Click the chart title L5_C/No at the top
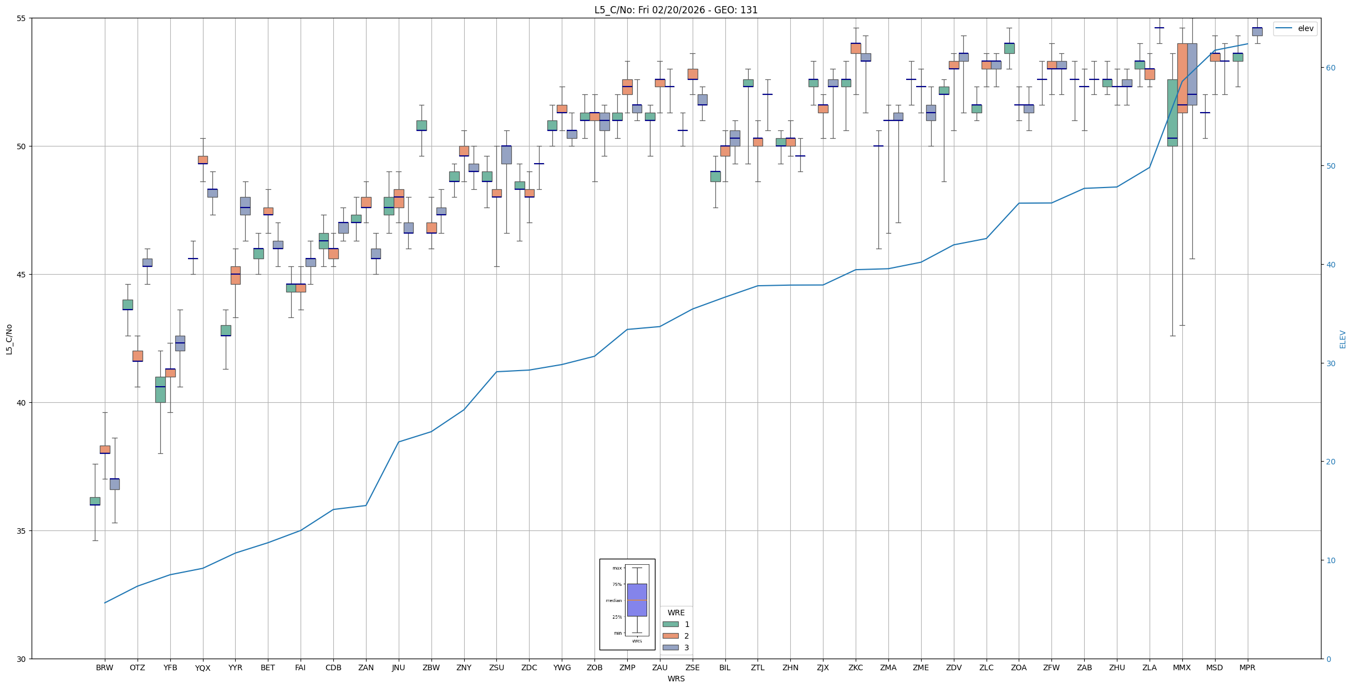click(675, 10)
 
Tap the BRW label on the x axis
click(104, 667)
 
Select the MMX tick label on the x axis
click(1182, 667)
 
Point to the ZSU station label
click(496, 667)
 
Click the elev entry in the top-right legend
click(1305, 28)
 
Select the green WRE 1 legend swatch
click(670, 624)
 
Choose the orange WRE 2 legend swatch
click(670, 636)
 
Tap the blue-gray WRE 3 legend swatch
click(670, 647)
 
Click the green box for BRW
click(95, 501)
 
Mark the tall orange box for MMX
click(1182, 78)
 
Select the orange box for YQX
click(203, 160)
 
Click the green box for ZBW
click(421, 125)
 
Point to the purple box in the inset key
click(637, 600)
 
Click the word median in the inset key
click(613, 600)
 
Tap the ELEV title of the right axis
click(1343, 339)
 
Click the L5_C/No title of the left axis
click(9, 339)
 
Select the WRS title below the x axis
click(675, 679)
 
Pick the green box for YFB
click(160, 389)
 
